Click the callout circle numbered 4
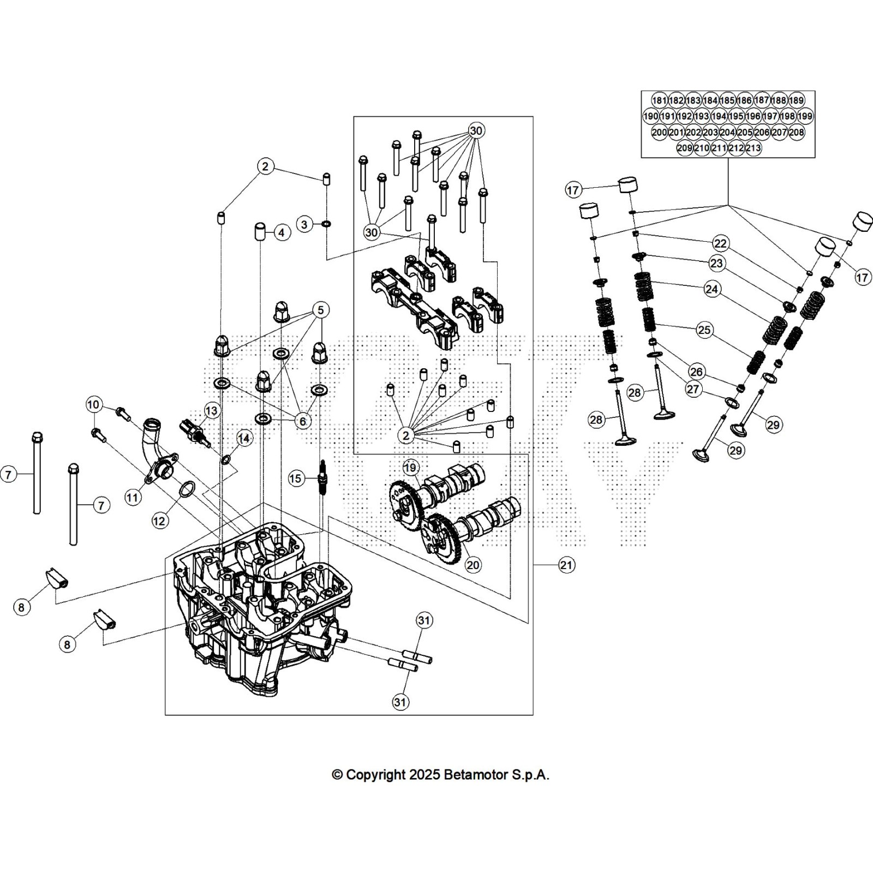pyautogui.click(x=282, y=233)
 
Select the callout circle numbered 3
pyautogui.click(x=304, y=224)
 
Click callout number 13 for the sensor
pyautogui.click(x=211, y=411)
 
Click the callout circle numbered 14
pyautogui.click(x=244, y=438)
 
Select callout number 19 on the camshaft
pyautogui.click(x=410, y=468)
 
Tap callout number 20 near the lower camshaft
pyautogui.click(x=473, y=565)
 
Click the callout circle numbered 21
pyautogui.click(x=566, y=565)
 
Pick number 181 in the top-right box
pyautogui.click(x=659, y=100)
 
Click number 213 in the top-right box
pyautogui.click(x=753, y=148)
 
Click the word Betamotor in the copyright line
pyautogui.click(x=474, y=775)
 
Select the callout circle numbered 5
pyautogui.click(x=320, y=310)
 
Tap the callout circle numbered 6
pyautogui.click(x=303, y=421)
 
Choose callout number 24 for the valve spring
pyautogui.click(x=711, y=289)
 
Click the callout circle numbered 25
pyautogui.click(x=704, y=330)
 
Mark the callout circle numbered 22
pyautogui.click(x=720, y=243)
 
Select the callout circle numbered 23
pyautogui.click(x=716, y=264)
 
